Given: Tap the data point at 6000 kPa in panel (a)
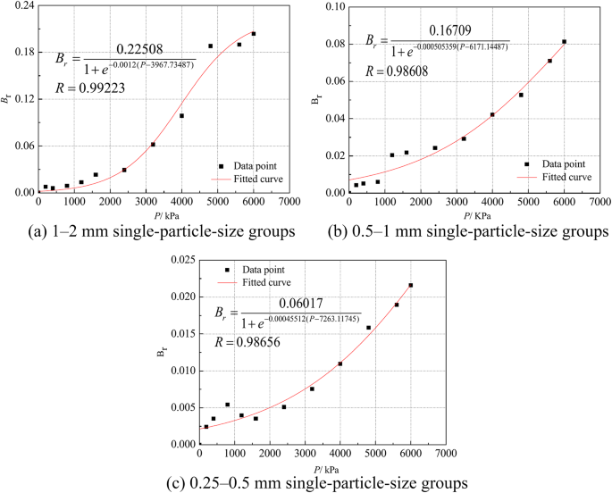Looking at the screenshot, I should pyautogui.click(x=254, y=34).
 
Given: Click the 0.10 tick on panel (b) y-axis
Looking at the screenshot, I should pyautogui.click(x=332, y=7).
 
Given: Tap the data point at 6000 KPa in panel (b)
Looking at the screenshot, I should pyautogui.click(x=564, y=41).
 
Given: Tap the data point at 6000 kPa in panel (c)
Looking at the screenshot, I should pyautogui.click(x=411, y=286).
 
